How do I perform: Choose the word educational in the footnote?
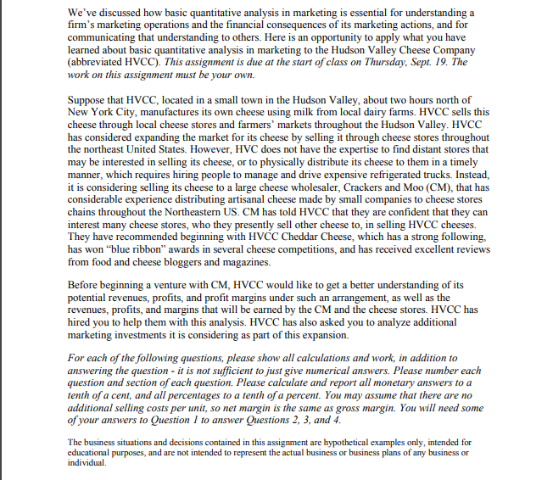pyautogui.click(x=93, y=452)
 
